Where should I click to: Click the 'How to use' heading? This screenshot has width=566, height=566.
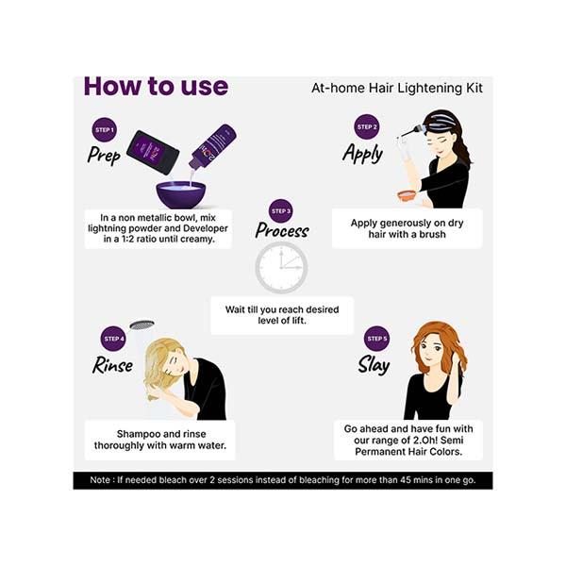156,87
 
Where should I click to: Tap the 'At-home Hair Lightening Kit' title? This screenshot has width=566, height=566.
397,89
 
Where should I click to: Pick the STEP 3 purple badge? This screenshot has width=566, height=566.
280,210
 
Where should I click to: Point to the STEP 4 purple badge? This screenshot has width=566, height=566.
113,339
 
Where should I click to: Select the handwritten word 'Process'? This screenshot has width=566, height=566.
282,231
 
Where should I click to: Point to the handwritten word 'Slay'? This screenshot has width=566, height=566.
374,364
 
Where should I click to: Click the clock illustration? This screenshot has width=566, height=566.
281,267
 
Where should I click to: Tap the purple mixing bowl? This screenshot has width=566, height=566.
181,194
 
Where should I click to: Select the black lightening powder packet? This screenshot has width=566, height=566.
153,152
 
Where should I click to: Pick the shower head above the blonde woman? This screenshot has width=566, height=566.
141,325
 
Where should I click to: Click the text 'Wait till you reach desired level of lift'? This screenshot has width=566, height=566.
282,315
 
